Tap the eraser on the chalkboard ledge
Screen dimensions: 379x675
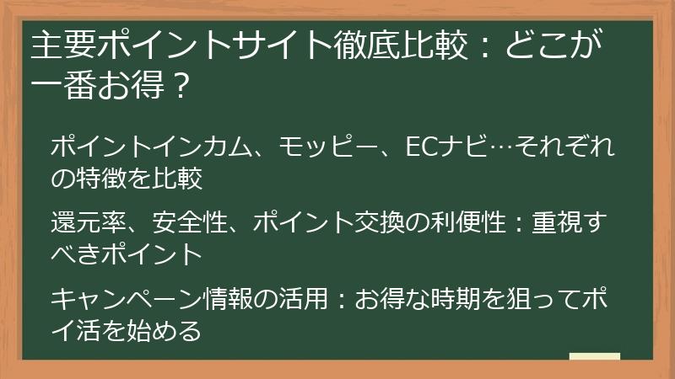594,355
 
